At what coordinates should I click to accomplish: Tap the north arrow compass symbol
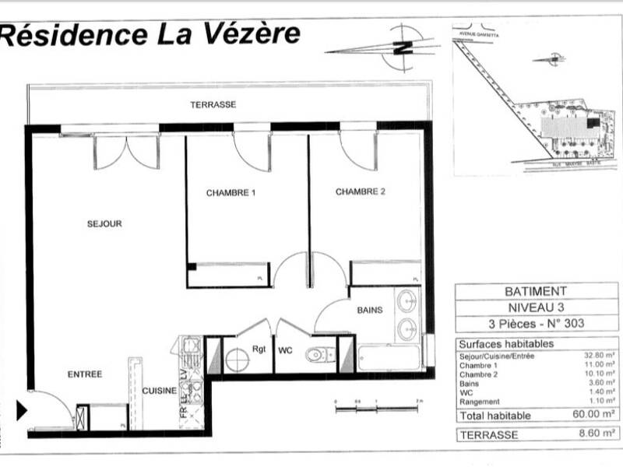401,47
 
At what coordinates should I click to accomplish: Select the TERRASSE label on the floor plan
213,104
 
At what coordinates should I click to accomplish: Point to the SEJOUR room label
104,224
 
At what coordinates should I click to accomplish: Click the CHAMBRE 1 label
231,192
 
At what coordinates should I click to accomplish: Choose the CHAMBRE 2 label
361,191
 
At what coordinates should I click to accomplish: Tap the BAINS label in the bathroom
370,310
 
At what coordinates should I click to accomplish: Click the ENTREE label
85,374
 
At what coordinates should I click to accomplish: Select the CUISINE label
158,391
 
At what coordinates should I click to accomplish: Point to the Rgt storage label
259,349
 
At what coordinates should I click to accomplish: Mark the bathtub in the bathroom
389,359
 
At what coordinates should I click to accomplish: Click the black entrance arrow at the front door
23,410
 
